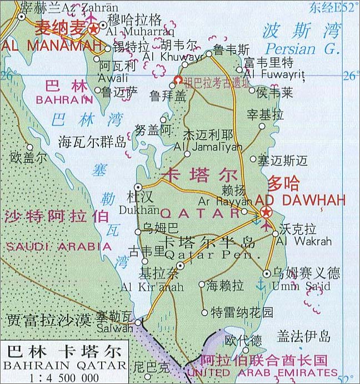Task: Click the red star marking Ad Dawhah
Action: coord(266,212)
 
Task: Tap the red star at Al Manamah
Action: coord(94,29)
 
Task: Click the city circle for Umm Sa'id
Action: coord(267,273)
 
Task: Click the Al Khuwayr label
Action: coord(165,57)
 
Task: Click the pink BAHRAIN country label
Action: coord(64,100)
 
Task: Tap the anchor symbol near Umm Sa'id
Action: coord(258,285)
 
